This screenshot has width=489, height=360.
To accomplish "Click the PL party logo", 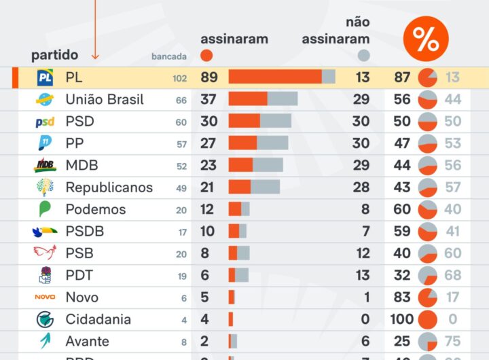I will pos(46,78).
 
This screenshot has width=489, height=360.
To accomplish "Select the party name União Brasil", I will pos(105,100).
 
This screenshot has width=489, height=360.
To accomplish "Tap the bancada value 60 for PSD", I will pos(181,122).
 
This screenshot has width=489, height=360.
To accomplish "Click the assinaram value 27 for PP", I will pos(208,143).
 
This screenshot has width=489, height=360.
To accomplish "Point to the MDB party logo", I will pos(46,165).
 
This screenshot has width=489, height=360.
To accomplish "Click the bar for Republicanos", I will pos(254,187).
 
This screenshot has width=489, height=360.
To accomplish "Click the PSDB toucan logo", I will pos(46,231).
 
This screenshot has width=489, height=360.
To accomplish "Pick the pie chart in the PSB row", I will pos(428,253).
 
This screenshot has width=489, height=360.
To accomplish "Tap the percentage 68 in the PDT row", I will pos(453,275).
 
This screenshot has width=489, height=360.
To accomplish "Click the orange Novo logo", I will pos(46,297).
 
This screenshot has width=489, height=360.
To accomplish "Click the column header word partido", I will pos(54,55).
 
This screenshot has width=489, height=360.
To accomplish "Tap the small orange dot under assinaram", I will pos(207,55).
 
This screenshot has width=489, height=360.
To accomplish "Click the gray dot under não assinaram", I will pos(364,55).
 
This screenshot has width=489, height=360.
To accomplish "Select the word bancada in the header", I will pos(168,57).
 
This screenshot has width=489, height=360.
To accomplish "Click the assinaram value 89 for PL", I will pos(209,78).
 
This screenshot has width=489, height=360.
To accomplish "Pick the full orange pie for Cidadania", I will pos(428,319).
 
